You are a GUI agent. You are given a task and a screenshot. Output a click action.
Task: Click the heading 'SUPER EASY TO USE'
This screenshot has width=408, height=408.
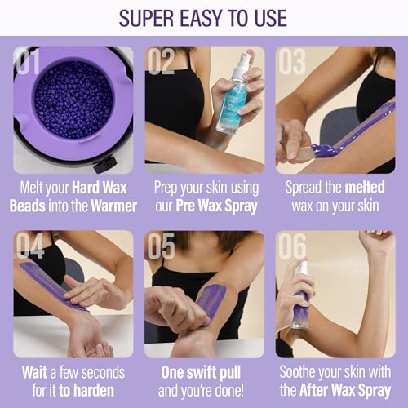click(204, 17)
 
